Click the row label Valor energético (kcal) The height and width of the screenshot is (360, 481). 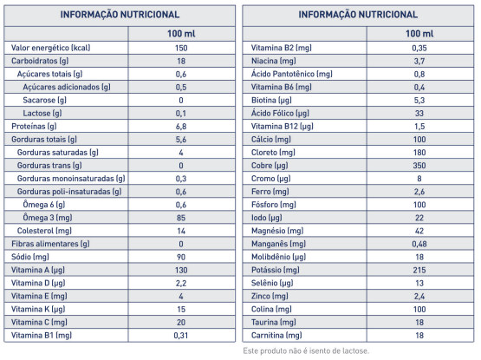point(50,48)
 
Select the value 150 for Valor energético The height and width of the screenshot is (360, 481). point(181,48)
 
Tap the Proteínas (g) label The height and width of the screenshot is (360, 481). point(34,127)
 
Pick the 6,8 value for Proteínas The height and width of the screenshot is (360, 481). point(181,127)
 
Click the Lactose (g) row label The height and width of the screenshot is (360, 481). point(42,114)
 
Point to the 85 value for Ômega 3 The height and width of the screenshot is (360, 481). point(181,218)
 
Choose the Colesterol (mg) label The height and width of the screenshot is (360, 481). point(44,231)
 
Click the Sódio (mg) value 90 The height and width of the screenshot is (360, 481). point(181,257)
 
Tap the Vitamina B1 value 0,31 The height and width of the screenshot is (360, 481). point(181,336)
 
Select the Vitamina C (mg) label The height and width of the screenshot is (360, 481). point(39,322)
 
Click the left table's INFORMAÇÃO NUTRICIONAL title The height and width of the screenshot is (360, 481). point(120,15)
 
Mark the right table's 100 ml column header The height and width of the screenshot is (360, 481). point(419,34)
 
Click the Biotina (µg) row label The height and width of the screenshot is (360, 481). point(271,100)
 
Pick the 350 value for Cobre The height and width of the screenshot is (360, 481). point(419,166)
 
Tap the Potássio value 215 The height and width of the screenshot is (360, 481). point(419,270)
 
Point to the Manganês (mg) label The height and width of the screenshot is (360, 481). point(278,244)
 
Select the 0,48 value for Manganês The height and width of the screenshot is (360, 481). point(419,245)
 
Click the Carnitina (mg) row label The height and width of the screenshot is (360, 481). point(276,336)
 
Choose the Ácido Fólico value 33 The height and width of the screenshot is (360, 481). point(419,114)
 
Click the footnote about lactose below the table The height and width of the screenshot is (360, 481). point(306,350)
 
